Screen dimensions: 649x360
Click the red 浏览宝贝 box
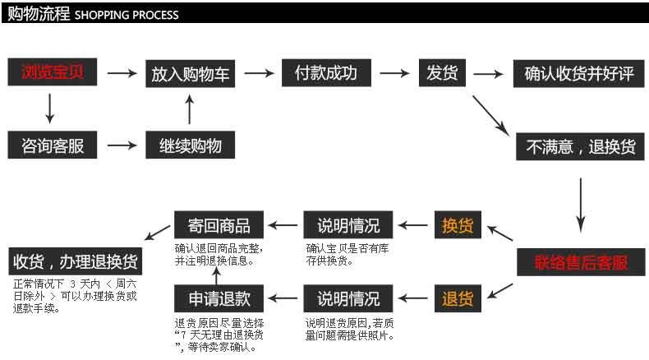pyautogui.click(x=52, y=72)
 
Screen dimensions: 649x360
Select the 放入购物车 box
pyautogui.click(x=190, y=74)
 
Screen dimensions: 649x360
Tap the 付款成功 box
pyautogui.click(x=326, y=73)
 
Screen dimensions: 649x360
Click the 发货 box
pyautogui.click(x=442, y=73)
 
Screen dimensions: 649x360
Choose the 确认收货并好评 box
pyautogui.click(x=578, y=74)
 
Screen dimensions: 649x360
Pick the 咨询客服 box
pyautogui.click(x=52, y=145)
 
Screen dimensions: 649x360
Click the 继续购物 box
pyautogui.click(x=190, y=145)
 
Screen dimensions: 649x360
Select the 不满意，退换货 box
pyautogui.click(x=580, y=146)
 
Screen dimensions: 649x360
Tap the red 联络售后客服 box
pyautogui.click(x=581, y=262)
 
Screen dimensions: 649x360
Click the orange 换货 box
pyautogui.click(x=458, y=225)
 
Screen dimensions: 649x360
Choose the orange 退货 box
pyautogui.click(x=458, y=298)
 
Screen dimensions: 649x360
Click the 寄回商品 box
pyautogui.click(x=219, y=225)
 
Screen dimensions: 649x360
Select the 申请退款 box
pyautogui.click(x=219, y=298)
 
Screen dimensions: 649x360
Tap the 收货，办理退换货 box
pyautogui.click(x=76, y=261)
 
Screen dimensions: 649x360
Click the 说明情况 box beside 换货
pyautogui.click(x=348, y=225)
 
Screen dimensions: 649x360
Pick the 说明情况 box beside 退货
pyautogui.click(x=348, y=298)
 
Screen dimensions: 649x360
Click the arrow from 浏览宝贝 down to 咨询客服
pyautogui.click(x=49, y=108)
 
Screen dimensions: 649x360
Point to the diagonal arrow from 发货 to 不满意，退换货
pyautogui.click(x=491, y=116)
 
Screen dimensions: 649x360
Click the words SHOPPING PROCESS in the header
pyautogui.click(x=127, y=16)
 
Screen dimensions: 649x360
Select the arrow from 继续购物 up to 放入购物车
pyautogui.click(x=190, y=109)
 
